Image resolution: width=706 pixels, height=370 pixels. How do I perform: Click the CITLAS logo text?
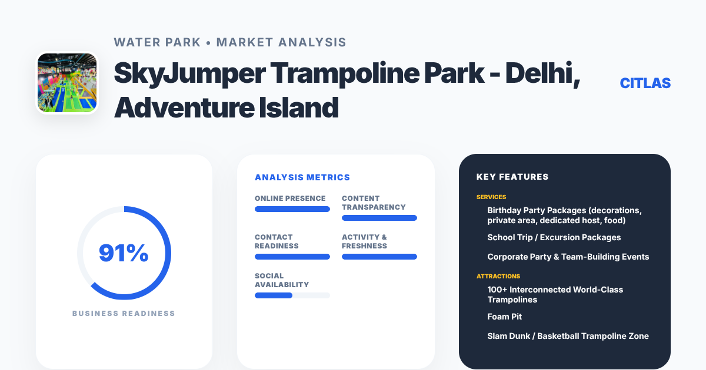pyautogui.click(x=645, y=83)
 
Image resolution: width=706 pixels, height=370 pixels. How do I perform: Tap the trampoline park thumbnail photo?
pyautogui.click(x=67, y=83)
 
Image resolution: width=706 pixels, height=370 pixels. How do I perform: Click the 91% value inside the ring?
pyautogui.click(x=124, y=253)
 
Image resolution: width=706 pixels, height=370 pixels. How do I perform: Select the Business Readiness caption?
pyautogui.click(x=124, y=314)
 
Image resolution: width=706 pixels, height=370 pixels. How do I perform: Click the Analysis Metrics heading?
pyautogui.click(x=302, y=177)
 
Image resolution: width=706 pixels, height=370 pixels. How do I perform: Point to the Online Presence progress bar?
pyautogui.click(x=292, y=209)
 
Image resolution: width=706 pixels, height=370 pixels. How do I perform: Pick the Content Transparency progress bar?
pyautogui.click(x=379, y=218)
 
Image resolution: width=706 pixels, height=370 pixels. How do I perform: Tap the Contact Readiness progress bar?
pyautogui.click(x=292, y=257)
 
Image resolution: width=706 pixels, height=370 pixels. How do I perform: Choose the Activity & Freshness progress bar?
pyautogui.click(x=379, y=257)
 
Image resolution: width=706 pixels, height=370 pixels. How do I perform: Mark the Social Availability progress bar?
pyautogui.click(x=292, y=295)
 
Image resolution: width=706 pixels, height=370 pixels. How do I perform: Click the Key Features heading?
pyautogui.click(x=512, y=177)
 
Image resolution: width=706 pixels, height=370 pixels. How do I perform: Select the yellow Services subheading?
pyautogui.click(x=491, y=197)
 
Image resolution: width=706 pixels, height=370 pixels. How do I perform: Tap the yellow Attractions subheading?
pyautogui.click(x=498, y=276)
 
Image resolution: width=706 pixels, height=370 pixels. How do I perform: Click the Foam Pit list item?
pyautogui.click(x=505, y=317)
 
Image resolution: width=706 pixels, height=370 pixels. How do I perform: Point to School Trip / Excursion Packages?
pyautogui.click(x=554, y=237)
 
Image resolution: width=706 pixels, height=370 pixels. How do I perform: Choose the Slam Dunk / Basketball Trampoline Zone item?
pyautogui.click(x=568, y=336)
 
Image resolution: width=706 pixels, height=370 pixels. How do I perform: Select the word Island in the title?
pyautogui.click(x=299, y=108)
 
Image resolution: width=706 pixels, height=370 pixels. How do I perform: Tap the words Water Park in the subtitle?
pyautogui.click(x=157, y=42)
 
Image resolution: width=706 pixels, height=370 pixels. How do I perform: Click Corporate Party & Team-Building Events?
pyautogui.click(x=568, y=257)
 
